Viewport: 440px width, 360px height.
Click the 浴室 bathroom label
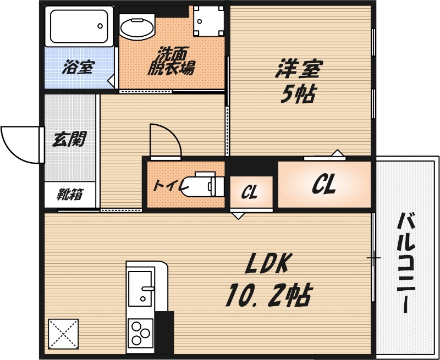pos(79,68)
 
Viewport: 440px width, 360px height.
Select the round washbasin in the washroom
pos(137,27)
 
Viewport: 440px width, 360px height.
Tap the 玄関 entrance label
pos(69,140)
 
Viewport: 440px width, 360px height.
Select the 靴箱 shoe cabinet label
pos(70,195)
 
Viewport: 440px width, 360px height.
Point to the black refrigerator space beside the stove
pos(164,333)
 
